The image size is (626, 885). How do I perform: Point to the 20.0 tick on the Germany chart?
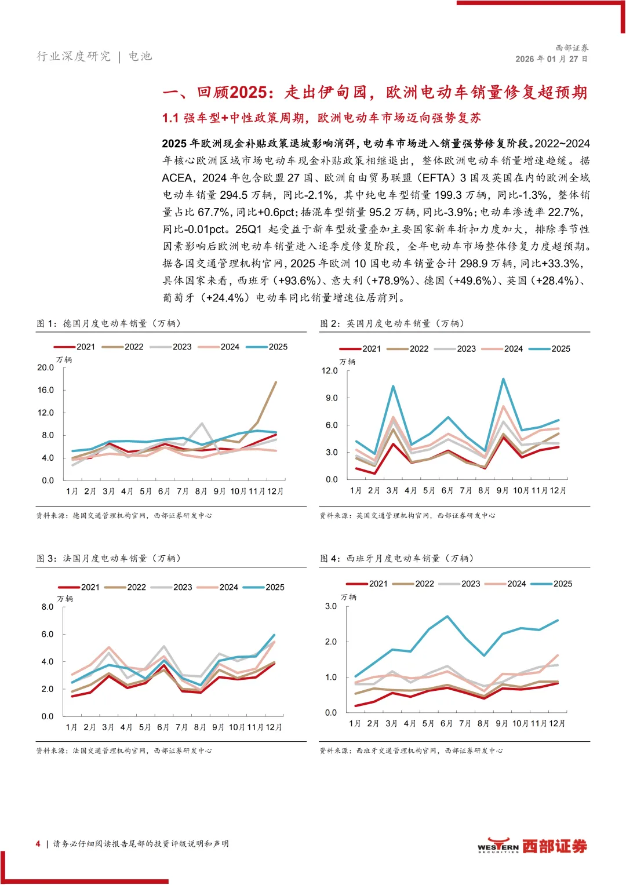point(45,367)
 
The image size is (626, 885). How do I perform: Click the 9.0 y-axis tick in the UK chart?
point(331,398)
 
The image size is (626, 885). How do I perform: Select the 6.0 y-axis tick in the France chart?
point(47,635)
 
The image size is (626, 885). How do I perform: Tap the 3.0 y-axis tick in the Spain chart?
point(330,606)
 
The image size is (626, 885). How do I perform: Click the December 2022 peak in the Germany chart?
point(276,382)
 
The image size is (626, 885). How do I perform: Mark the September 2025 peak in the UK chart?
point(503,379)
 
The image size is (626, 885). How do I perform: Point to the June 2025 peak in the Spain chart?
point(447,616)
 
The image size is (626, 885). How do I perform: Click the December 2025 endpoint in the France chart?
point(274,635)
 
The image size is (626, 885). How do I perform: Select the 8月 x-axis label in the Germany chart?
point(201,491)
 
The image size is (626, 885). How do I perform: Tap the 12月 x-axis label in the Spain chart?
point(557,723)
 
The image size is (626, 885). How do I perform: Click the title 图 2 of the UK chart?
point(392,323)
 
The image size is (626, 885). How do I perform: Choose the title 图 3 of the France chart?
point(108,558)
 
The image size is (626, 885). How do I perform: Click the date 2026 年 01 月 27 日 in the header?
point(551,59)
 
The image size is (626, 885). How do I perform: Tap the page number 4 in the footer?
point(38,844)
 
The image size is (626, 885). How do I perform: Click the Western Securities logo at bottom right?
point(532,846)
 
